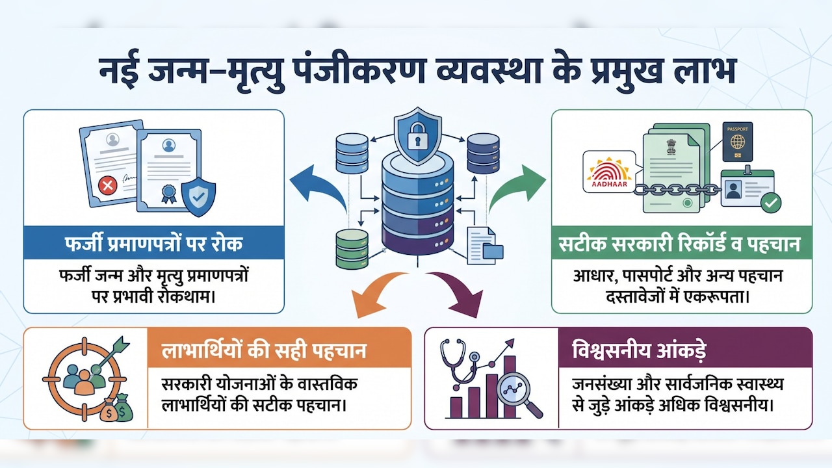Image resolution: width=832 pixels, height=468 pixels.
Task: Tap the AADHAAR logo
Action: (609, 172)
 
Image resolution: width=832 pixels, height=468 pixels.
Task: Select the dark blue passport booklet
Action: (737, 142)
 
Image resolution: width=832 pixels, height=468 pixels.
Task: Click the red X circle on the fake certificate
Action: (108, 185)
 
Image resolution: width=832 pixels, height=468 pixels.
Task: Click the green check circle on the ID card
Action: (771, 203)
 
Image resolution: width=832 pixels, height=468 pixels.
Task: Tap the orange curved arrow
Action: (375, 293)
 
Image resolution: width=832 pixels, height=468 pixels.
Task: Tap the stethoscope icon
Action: (459, 365)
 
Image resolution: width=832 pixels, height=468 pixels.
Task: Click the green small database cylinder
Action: (352, 248)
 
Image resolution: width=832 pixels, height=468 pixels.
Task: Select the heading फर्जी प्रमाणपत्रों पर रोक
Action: (153, 244)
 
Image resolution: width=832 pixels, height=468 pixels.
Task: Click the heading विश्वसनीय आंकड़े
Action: (639, 350)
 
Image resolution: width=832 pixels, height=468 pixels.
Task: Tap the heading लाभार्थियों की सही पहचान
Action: (264, 350)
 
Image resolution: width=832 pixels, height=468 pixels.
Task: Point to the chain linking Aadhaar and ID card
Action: (677, 190)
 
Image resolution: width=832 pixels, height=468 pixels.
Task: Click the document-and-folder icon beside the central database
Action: (485, 246)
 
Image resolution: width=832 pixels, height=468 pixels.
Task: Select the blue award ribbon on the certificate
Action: (168, 194)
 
